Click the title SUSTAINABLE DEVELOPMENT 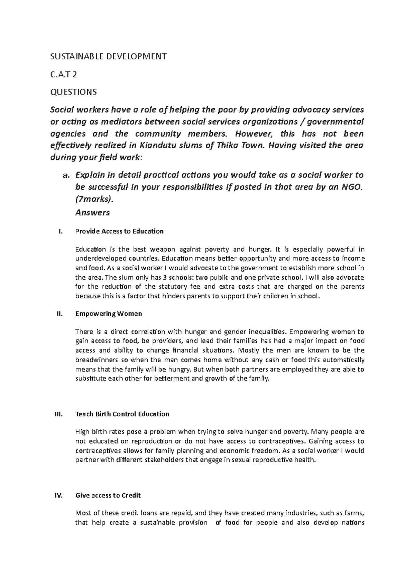[x=109, y=56]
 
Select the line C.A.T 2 [x=64, y=74]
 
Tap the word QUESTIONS [x=74, y=92]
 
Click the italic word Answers [x=92, y=212]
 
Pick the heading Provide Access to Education [x=119, y=231]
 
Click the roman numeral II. [x=59, y=314]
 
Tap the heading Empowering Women [x=109, y=314]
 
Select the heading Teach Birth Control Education [x=122, y=414]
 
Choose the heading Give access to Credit [x=108, y=495]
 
